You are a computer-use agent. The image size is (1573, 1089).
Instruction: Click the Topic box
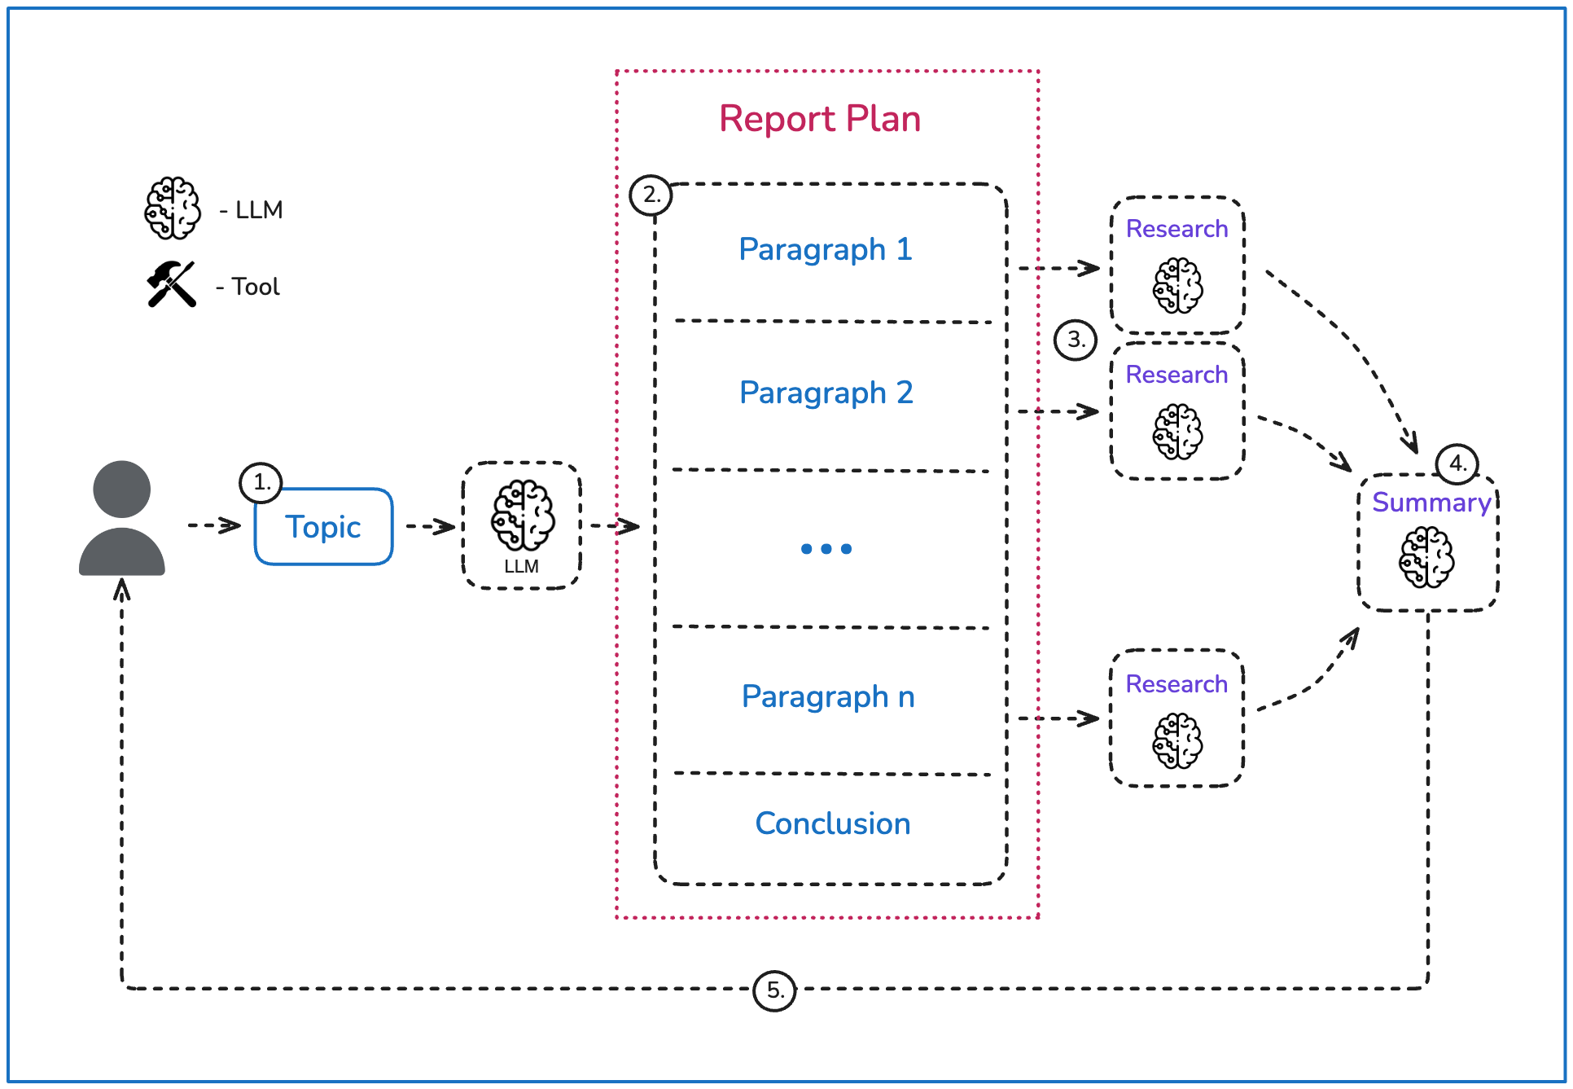click(324, 526)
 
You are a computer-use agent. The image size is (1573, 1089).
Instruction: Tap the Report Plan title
click(820, 119)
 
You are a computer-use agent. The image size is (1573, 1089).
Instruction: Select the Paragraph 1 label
click(826, 249)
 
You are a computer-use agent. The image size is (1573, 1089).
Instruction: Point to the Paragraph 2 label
click(826, 393)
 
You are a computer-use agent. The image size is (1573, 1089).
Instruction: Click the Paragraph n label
click(828, 697)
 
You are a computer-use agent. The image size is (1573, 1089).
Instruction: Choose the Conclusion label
click(833, 823)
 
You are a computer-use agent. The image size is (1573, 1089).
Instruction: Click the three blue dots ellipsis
click(826, 549)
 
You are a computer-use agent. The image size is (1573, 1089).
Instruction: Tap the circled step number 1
click(261, 482)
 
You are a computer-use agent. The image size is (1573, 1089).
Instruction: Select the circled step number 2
click(651, 195)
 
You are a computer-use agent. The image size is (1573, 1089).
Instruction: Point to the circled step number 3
click(1076, 340)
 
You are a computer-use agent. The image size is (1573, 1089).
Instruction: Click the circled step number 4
click(1457, 463)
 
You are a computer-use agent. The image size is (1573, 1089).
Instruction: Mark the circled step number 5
click(774, 990)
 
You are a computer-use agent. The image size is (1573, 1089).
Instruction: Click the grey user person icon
click(122, 518)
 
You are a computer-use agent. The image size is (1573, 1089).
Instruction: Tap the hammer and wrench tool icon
click(172, 284)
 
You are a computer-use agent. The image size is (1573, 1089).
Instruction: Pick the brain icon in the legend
click(173, 209)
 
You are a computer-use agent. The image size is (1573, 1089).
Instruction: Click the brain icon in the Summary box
click(1426, 557)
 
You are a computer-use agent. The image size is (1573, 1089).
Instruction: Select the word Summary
click(1431, 503)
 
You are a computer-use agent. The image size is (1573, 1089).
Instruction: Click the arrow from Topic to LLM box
click(430, 526)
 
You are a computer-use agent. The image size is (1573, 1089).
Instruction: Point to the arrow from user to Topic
click(214, 525)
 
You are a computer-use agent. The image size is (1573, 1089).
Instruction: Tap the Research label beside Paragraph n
click(1176, 684)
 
